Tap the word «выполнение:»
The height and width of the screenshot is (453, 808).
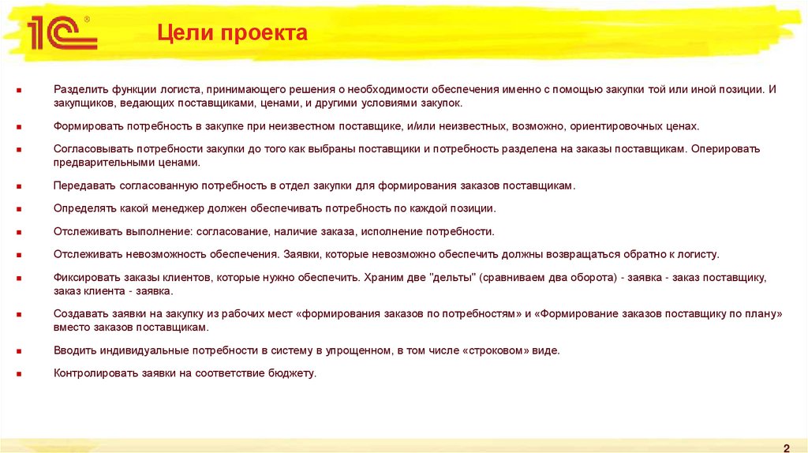156,232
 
